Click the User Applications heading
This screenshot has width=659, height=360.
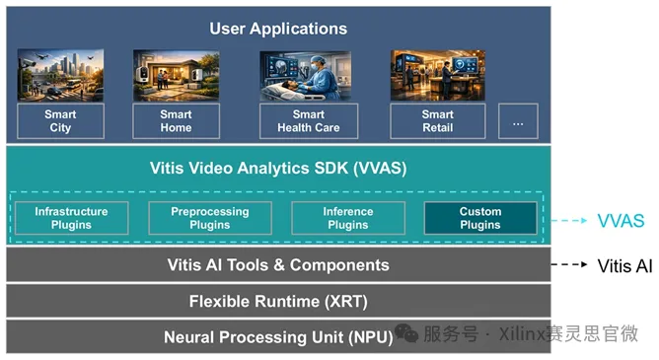tap(278, 29)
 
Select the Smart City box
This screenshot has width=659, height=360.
tap(60, 121)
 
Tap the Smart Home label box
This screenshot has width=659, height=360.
tap(177, 121)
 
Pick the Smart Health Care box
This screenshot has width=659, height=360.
tap(309, 121)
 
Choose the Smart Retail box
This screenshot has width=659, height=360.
tap(437, 121)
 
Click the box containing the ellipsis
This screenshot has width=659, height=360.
tap(518, 121)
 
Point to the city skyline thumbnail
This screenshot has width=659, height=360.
tap(60, 75)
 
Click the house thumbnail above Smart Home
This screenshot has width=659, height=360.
tap(177, 76)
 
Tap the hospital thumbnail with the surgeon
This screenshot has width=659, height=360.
tap(306, 76)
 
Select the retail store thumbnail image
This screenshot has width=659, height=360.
tap(438, 75)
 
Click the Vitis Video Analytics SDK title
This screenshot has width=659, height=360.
tap(278, 168)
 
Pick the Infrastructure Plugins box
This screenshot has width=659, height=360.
tap(71, 218)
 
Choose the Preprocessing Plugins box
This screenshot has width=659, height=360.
tap(210, 218)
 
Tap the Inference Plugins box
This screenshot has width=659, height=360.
tap(348, 218)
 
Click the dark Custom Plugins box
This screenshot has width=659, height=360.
tap(480, 218)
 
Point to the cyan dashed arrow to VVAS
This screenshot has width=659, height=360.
tap(569, 221)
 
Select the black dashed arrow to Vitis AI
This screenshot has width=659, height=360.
tap(569, 264)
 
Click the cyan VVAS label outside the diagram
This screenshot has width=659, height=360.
tap(621, 221)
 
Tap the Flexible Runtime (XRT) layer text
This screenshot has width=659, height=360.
tap(278, 301)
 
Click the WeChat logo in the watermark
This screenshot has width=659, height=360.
tap(406, 333)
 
